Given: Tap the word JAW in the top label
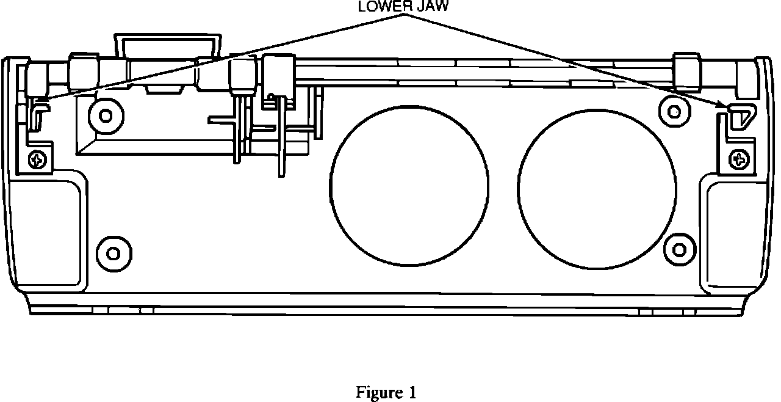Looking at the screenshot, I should [434, 7].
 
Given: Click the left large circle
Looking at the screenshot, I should [409, 183].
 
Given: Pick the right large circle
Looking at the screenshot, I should [597, 183].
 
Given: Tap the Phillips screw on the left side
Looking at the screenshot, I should [38, 160].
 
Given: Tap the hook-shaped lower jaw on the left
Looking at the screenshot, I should [38, 113].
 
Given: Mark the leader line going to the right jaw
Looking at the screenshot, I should [567, 61].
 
